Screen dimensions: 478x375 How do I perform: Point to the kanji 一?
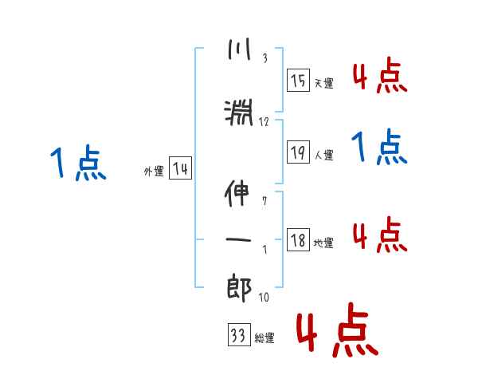point(239,238)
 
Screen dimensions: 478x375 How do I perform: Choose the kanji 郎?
point(239,285)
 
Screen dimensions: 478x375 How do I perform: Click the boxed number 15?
point(298,81)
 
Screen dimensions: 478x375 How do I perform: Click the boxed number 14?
point(180,169)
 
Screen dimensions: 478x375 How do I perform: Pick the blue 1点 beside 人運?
point(378,147)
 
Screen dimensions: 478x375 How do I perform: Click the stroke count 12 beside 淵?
point(264,122)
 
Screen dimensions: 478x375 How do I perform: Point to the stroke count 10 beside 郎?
point(264,298)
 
